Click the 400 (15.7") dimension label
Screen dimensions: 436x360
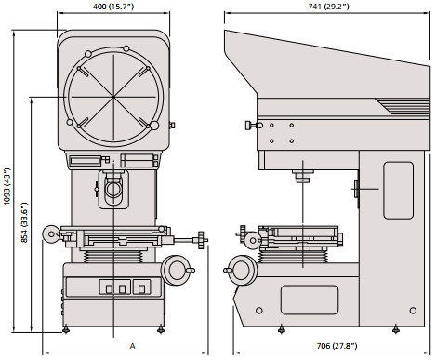coord(113,7)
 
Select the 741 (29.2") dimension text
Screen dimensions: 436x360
coord(328,7)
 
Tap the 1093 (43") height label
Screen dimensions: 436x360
coord(7,186)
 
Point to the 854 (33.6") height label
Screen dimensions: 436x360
coord(24,222)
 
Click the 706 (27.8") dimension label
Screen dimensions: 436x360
coord(337,346)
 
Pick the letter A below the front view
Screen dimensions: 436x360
coord(132,346)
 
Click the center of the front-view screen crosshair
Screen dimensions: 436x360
coord(113,97)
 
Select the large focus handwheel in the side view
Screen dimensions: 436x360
coord(241,270)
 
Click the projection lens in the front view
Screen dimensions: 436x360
coord(113,188)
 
